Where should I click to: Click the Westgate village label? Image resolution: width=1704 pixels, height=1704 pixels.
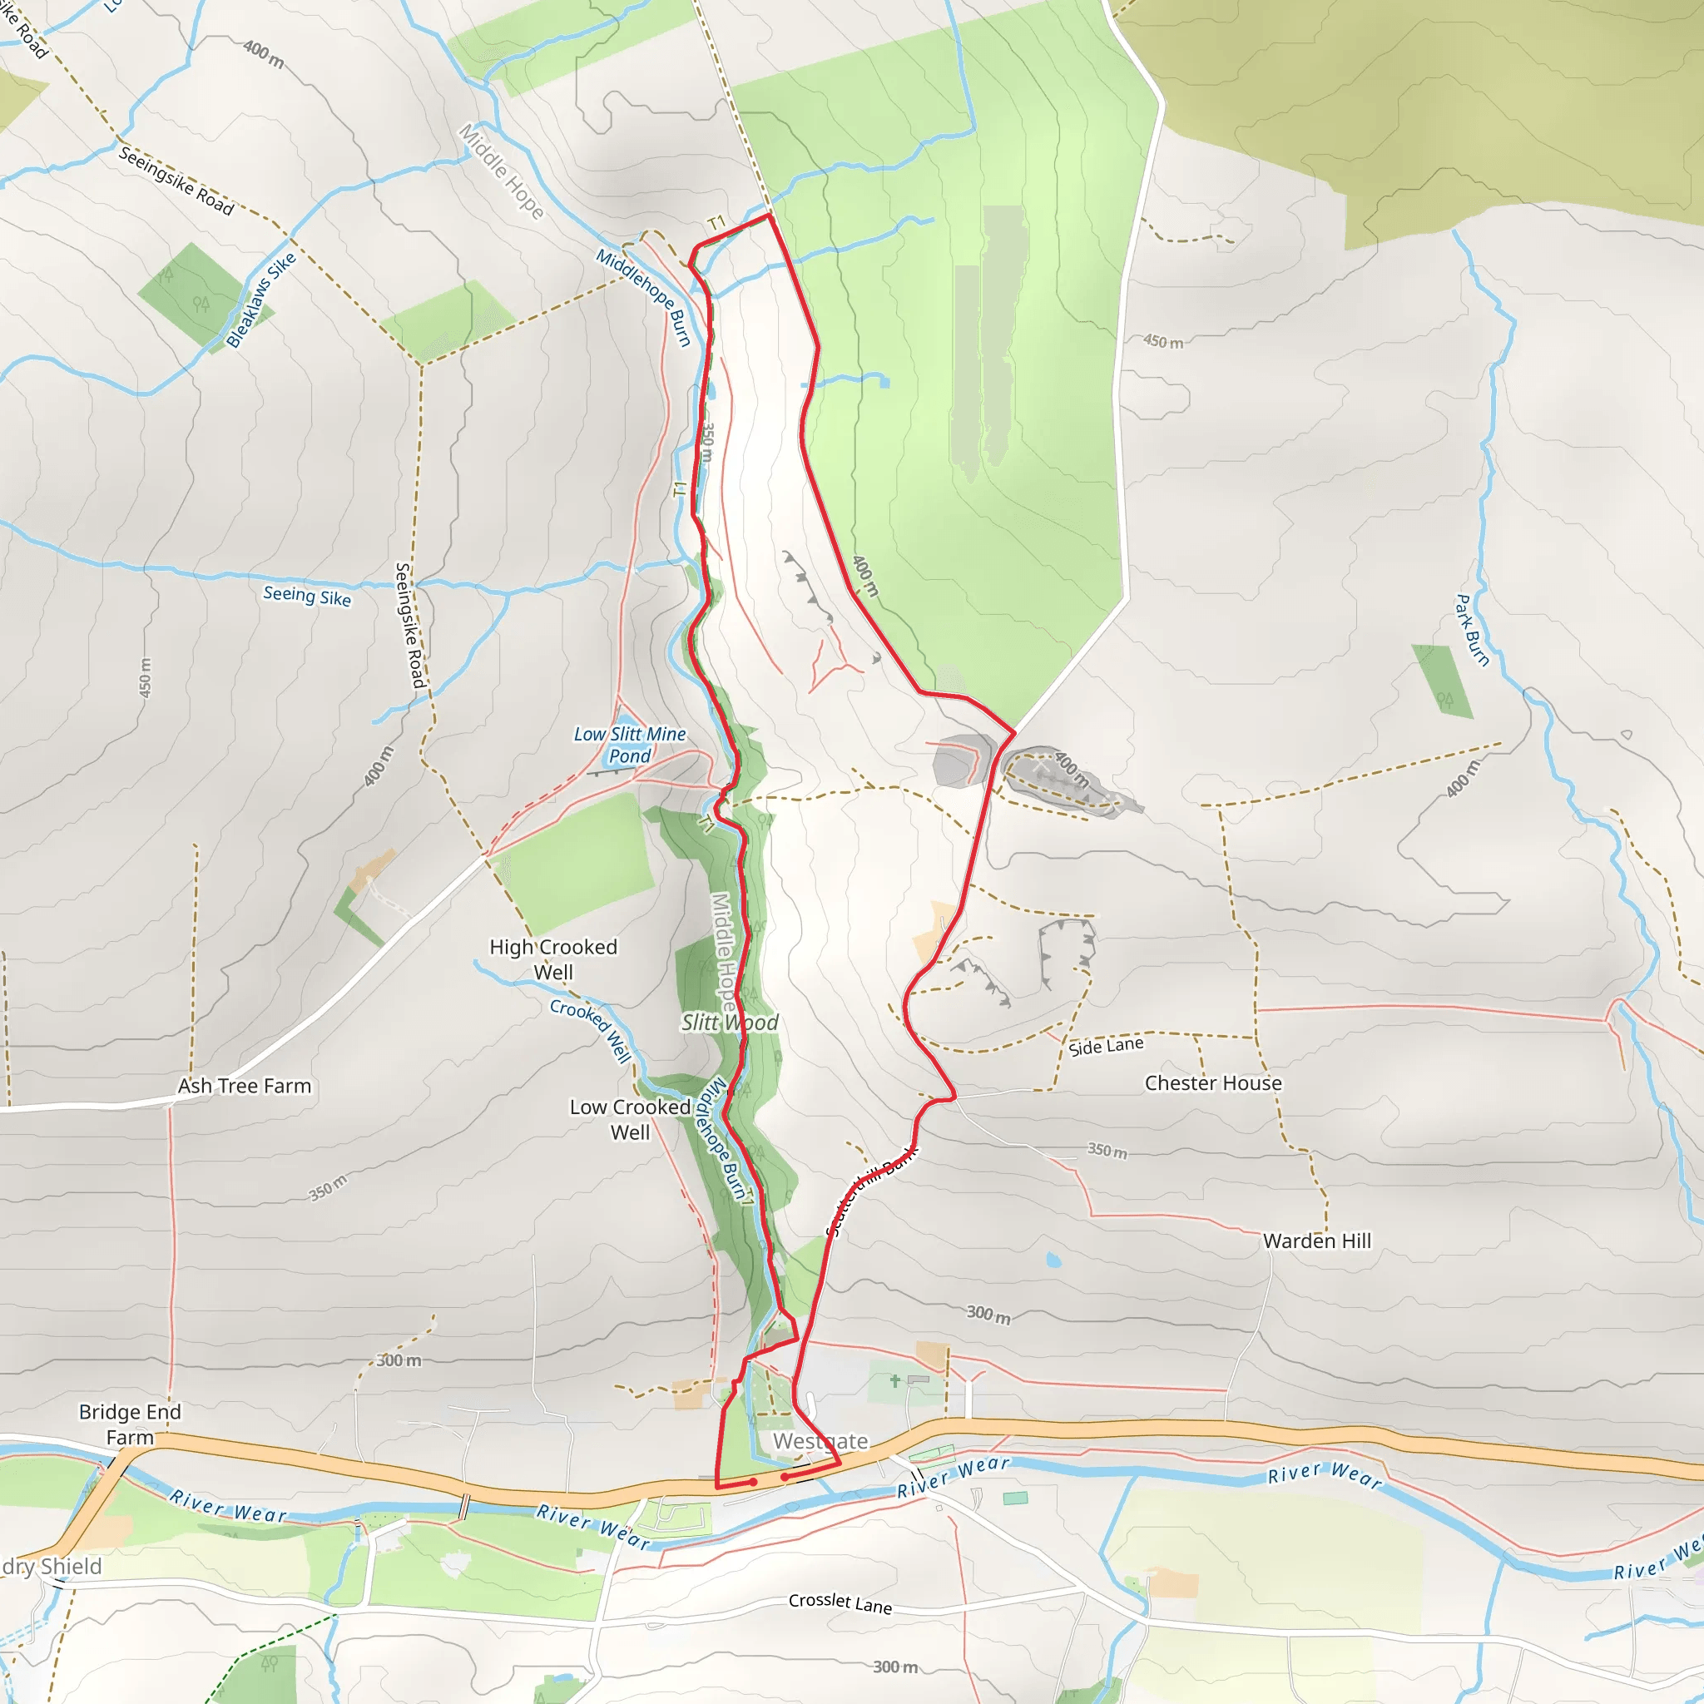point(820,1441)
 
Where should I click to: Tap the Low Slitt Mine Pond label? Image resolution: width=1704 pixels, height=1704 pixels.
point(630,745)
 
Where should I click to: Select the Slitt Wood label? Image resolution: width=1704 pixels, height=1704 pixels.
point(730,1023)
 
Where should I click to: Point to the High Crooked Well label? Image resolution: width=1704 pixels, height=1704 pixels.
point(553,958)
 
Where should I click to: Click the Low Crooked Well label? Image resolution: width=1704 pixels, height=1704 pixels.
point(630,1119)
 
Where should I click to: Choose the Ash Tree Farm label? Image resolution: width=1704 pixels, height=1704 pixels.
point(245,1086)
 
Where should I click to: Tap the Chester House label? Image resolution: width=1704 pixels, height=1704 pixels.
point(1213,1083)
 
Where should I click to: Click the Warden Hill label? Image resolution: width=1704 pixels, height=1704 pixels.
point(1317,1241)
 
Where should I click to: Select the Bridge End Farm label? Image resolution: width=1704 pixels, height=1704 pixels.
point(130,1424)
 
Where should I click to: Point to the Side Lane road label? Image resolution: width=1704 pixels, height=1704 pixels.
point(1106,1046)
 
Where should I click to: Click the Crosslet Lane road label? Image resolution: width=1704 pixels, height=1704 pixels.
point(840,1602)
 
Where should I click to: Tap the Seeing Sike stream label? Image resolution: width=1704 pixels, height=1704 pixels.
point(307,597)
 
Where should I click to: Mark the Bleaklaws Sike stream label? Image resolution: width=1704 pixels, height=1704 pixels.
point(261,300)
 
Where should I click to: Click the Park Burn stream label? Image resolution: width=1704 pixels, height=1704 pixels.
point(1471,630)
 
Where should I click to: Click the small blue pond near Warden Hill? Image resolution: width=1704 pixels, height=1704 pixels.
point(1053,1261)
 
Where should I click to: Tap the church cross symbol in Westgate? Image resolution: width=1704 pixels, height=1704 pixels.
point(895,1381)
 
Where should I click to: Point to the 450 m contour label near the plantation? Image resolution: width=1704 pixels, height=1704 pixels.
point(1162,341)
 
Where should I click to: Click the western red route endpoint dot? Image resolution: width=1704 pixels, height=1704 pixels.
point(753,1483)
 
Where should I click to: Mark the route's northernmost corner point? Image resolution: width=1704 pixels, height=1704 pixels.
point(770,215)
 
